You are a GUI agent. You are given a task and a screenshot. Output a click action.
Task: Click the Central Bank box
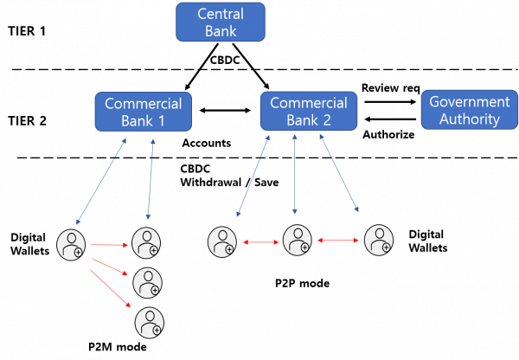(220, 22)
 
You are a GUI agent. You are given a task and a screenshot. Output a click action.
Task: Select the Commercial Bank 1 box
(144, 112)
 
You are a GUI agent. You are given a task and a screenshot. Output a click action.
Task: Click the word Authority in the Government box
(470, 119)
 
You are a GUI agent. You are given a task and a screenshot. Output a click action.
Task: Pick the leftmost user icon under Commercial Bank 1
(71, 243)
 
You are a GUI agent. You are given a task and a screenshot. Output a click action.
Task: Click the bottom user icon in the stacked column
(149, 322)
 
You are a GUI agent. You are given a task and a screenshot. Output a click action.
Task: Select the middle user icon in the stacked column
(147, 282)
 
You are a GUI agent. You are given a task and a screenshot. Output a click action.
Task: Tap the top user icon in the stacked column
(145, 243)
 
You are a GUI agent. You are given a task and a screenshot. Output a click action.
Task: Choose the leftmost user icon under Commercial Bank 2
(222, 241)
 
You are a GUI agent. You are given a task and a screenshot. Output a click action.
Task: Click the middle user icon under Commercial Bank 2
(298, 240)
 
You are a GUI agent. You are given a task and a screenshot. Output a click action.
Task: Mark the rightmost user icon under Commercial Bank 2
(379, 240)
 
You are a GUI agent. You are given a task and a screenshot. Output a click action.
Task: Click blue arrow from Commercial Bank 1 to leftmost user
(101, 181)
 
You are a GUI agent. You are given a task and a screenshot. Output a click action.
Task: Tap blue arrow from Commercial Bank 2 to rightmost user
(339, 173)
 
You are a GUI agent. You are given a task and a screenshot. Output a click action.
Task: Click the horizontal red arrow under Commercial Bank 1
(109, 245)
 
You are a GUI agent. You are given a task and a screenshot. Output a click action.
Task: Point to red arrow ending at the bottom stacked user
(111, 287)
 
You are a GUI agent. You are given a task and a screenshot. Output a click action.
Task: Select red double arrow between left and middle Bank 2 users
(259, 243)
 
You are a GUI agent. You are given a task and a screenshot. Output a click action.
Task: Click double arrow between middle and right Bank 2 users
(338, 240)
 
